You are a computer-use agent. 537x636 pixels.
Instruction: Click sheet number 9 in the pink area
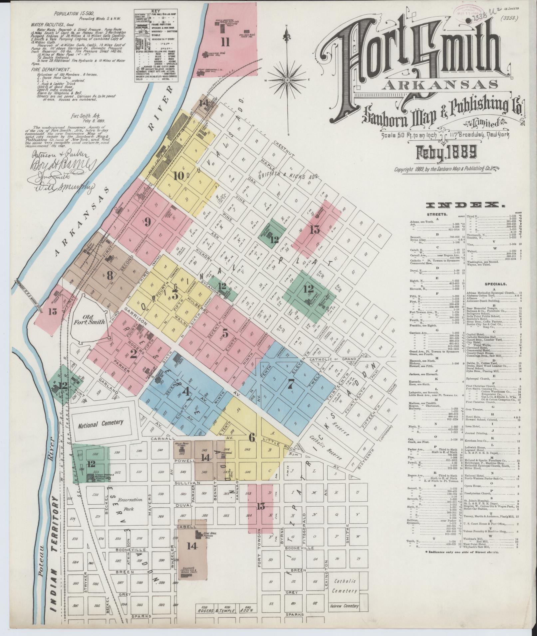click(147, 222)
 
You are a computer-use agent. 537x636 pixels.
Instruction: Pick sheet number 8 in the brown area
click(109, 275)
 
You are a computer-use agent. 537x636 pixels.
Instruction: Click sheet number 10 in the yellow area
click(178, 175)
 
